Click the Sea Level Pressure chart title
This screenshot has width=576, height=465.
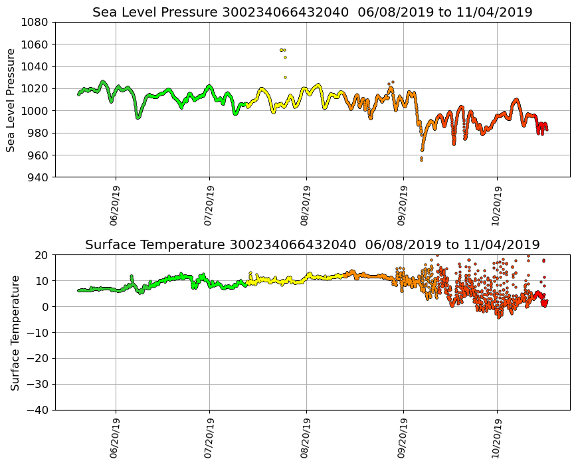pyautogui.click(x=312, y=12)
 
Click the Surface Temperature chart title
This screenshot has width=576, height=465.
pyautogui.click(x=312, y=244)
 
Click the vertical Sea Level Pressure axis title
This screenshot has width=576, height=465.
pyautogui.click(x=11, y=100)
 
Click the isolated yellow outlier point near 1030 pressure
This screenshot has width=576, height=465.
pyautogui.click(x=285, y=77)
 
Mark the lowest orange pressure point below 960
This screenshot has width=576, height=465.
pyautogui.click(x=421, y=160)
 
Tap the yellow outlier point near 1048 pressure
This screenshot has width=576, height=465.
pyautogui.click(x=285, y=57)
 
